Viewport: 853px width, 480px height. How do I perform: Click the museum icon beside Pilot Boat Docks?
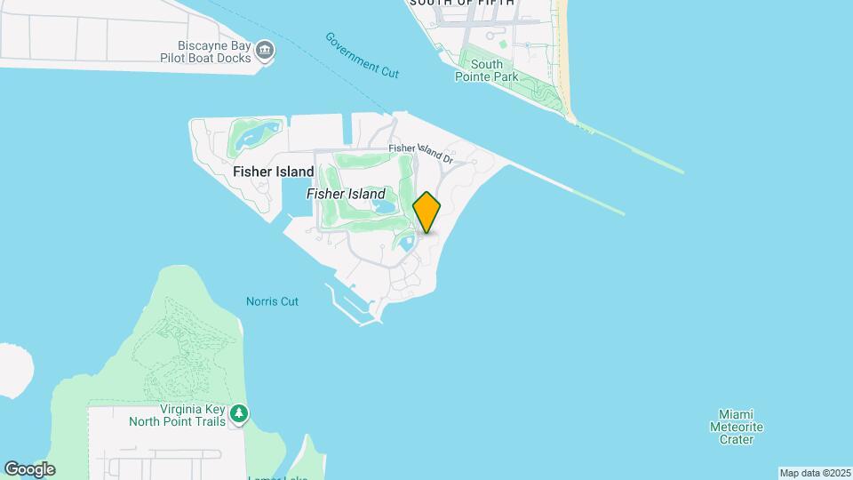click(x=265, y=51)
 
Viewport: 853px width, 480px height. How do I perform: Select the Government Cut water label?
click(x=362, y=55)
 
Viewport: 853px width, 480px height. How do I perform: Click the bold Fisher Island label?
click(x=273, y=172)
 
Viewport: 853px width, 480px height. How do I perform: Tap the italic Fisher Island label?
click(x=346, y=194)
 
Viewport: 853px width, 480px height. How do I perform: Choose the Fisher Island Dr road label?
click(x=421, y=154)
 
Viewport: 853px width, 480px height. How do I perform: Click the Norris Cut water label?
click(x=272, y=301)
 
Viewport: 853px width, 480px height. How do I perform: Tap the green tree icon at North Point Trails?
click(x=238, y=413)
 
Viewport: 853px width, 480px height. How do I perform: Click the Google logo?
click(x=29, y=469)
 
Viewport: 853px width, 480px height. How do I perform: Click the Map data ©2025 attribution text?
click(x=815, y=473)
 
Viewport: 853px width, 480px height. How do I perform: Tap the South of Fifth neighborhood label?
click(x=461, y=4)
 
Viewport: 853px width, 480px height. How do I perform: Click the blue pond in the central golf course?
click(x=385, y=208)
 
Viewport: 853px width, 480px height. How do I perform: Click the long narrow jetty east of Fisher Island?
click(x=569, y=188)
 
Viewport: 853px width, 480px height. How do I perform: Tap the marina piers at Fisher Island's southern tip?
click(x=352, y=303)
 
